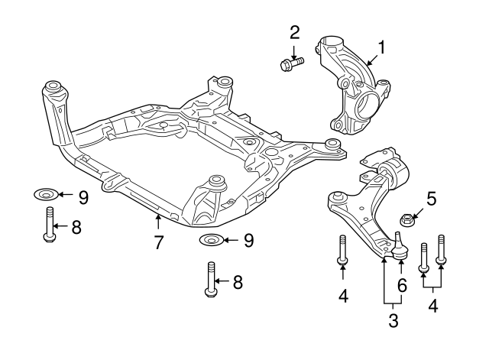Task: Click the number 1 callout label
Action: (x=381, y=48)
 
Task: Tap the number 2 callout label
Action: (x=294, y=32)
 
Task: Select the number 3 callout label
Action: (x=393, y=321)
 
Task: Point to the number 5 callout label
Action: (x=432, y=201)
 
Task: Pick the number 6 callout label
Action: (x=401, y=284)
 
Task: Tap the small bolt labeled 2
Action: (x=291, y=63)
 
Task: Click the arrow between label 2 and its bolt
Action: (x=294, y=48)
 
